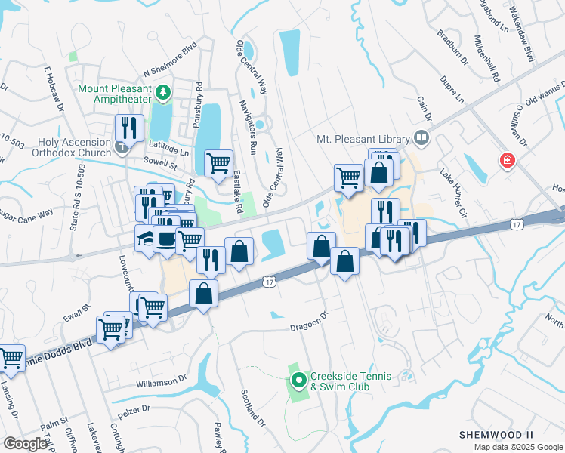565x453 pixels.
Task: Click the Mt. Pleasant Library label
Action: point(361,140)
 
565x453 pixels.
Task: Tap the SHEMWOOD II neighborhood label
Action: point(496,435)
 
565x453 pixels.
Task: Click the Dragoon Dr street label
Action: point(311,323)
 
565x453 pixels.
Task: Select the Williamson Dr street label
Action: point(161,384)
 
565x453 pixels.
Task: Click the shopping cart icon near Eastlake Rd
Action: point(218,162)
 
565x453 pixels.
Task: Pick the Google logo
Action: point(25,444)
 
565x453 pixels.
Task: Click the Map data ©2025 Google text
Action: point(519,447)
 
